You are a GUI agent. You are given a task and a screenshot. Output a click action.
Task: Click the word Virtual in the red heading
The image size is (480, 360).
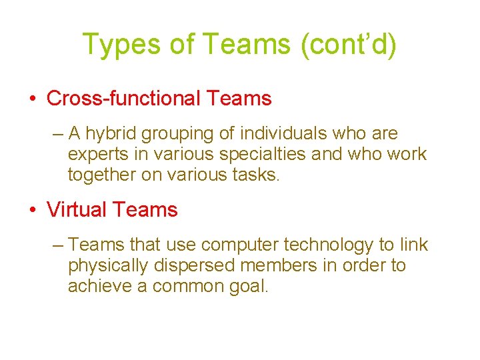click(75, 209)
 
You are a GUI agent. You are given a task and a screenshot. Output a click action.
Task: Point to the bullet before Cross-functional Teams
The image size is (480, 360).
click(33, 99)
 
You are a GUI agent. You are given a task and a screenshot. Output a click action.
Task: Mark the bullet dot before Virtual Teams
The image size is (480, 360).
click(33, 210)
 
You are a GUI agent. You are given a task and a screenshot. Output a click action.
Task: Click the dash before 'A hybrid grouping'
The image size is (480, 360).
click(57, 134)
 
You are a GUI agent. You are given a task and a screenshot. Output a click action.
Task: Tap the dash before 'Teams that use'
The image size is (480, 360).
click(57, 245)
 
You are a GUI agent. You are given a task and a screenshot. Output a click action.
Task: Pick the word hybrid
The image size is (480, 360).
click(109, 134)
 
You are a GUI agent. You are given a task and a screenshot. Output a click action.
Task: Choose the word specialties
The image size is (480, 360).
click(254, 155)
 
